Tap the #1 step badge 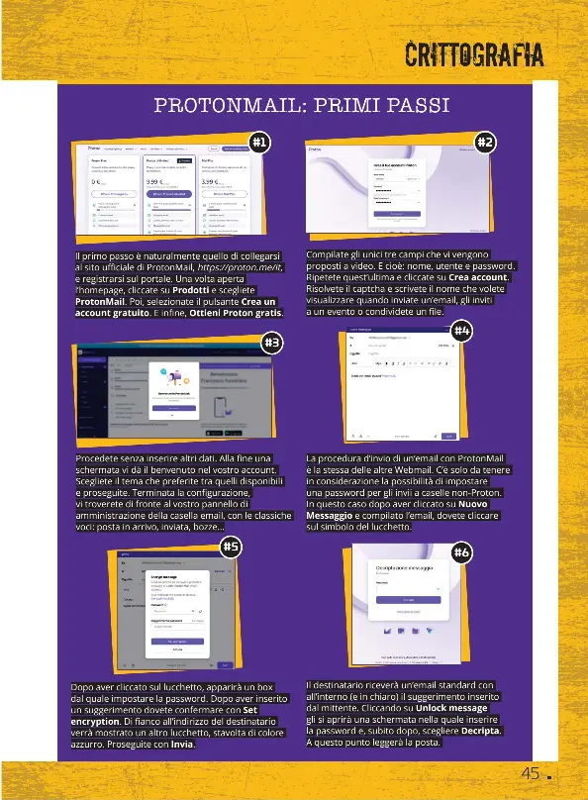(258, 143)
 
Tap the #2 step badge (486, 143)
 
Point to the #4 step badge (461, 329)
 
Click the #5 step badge (230, 546)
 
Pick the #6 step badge (461, 552)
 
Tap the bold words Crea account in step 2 (480, 278)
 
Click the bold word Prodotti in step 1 (191, 291)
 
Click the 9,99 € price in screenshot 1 (155, 182)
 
